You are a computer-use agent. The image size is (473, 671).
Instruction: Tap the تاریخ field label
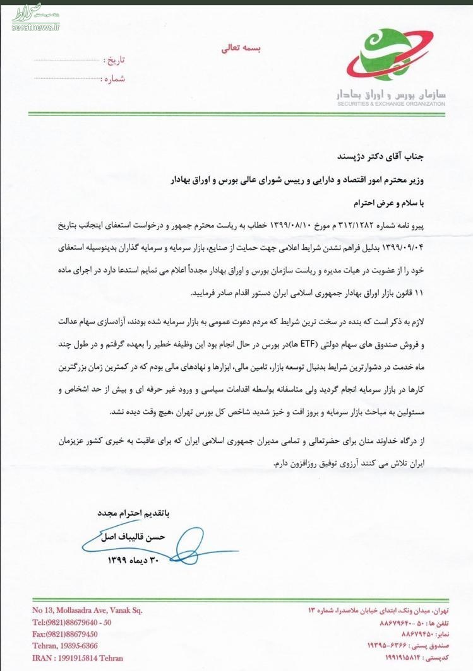[114, 61]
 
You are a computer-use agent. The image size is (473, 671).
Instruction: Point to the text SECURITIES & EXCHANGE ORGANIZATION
[391, 103]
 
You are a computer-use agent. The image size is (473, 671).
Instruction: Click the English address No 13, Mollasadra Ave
[87, 610]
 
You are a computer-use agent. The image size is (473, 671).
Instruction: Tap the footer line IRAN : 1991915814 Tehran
[79, 658]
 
